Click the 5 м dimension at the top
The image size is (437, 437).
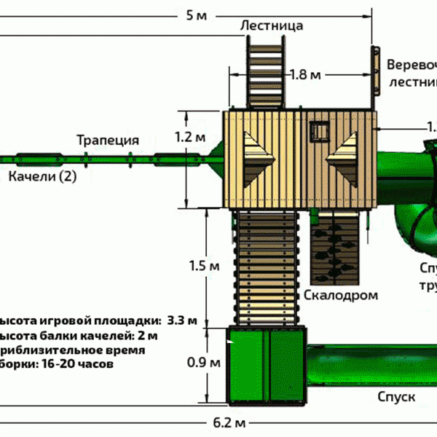coord(195,15)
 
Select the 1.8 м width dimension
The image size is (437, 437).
coord(304,75)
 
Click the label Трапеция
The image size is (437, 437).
coord(109,141)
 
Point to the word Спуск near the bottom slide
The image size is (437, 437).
coord(396,397)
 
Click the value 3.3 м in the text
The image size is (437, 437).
coord(181,320)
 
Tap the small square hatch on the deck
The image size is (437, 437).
coord(319,131)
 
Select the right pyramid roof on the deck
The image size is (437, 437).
coord(345,157)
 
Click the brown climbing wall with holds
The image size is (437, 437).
coord(334,246)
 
